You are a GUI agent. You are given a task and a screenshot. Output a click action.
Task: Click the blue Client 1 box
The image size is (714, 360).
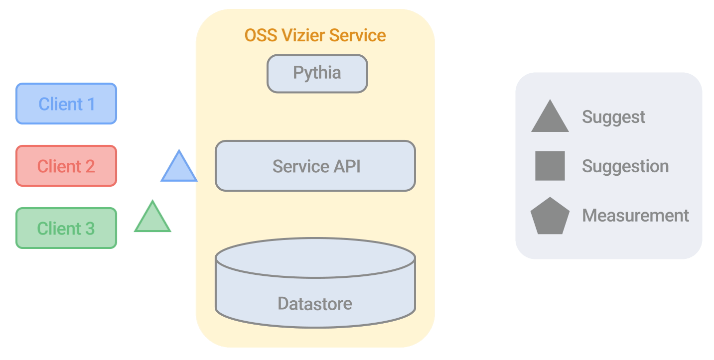(x=66, y=104)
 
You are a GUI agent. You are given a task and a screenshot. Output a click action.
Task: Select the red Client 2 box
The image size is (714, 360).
(x=66, y=166)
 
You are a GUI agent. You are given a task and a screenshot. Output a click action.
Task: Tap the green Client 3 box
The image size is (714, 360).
(x=66, y=228)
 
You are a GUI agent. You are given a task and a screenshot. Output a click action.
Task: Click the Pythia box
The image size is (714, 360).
(x=317, y=73)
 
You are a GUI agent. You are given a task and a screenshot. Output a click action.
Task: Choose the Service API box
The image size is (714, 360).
(x=315, y=166)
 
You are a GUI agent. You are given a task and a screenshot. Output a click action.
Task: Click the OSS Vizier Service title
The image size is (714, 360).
(x=315, y=35)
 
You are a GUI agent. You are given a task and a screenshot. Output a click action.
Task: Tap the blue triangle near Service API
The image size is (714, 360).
(x=179, y=168)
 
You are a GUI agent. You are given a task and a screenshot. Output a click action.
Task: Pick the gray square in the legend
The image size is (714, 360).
(x=550, y=166)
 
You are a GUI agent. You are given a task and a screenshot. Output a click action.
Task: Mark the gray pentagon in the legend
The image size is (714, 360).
(x=550, y=217)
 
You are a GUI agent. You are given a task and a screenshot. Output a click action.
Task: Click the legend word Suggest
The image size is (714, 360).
(x=613, y=117)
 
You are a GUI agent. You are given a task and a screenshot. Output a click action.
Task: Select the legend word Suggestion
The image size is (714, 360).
(x=625, y=166)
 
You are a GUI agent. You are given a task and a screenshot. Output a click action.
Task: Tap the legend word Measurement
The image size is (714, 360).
(x=635, y=215)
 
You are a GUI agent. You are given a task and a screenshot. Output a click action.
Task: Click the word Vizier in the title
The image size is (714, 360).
(x=302, y=35)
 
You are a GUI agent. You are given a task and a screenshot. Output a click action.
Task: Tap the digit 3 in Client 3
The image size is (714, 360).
(x=89, y=228)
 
